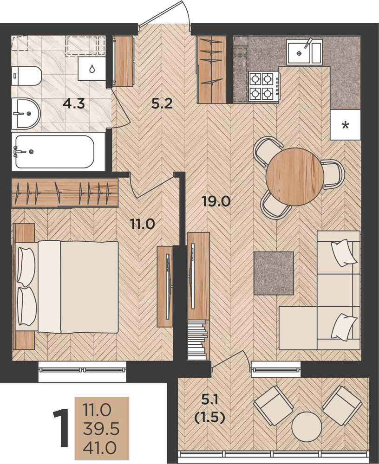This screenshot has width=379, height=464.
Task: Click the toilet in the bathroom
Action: [26, 76]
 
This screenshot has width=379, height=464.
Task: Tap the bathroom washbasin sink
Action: [26, 114]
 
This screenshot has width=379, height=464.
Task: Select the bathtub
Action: [55, 152]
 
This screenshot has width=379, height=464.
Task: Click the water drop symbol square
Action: [92, 69]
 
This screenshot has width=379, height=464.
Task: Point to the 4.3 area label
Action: [74, 103]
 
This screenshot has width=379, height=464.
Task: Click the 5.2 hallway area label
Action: [162, 103]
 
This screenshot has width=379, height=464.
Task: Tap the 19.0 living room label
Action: [216, 201]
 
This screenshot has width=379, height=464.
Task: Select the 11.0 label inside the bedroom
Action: [143, 224]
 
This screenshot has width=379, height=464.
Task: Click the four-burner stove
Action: [264, 86]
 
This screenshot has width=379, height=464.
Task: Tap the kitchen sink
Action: [304, 52]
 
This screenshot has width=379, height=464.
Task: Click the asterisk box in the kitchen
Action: [346, 125]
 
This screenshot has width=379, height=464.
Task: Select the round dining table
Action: [295, 177]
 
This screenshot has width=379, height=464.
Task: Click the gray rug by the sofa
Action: [274, 273]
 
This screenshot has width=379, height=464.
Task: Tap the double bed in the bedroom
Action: [67, 287]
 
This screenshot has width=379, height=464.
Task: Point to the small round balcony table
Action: [307, 427]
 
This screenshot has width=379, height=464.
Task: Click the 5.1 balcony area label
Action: [210, 400]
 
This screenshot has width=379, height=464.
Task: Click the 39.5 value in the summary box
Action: [101, 429]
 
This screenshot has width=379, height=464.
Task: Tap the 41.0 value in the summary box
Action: [99, 448]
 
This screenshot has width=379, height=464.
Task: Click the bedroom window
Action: [82, 370]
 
